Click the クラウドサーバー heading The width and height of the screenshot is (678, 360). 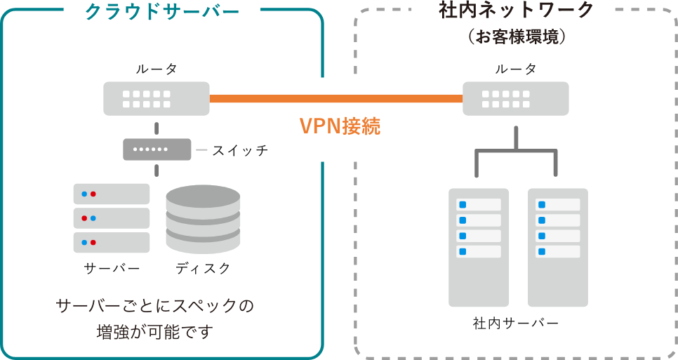point(161,12)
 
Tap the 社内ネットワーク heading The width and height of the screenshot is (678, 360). point(516,11)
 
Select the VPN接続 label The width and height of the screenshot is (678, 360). point(340,126)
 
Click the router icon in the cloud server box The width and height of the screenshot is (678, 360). point(156,98)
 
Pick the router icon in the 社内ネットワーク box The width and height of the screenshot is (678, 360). point(516,98)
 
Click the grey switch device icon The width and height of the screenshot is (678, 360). point(157,149)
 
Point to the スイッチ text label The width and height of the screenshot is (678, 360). point(239,150)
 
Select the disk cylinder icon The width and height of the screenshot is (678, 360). point(203,219)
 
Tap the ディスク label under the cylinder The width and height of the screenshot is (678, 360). point(203,268)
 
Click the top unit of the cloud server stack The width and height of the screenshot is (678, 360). point(112,194)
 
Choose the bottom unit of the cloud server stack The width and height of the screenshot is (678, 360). point(112,242)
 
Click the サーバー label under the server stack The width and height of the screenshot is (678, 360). point(112,268)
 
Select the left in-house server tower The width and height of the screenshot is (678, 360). point(479,247)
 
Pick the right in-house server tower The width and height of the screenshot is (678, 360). point(557,247)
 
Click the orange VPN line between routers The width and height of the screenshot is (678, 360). point(260,98)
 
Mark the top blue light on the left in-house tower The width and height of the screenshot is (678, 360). point(463,205)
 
